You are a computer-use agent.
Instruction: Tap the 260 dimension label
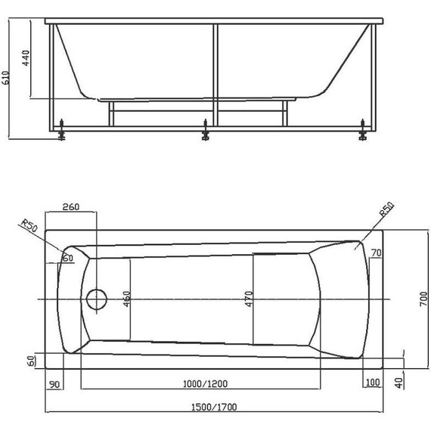(x=70, y=207)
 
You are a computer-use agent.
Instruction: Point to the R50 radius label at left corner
(x=29, y=228)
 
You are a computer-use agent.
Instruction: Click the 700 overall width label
(x=423, y=301)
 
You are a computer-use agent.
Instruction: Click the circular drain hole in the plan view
(x=97, y=299)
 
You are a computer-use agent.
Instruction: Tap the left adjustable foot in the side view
(x=61, y=134)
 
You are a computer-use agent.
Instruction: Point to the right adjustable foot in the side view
(x=364, y=134)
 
